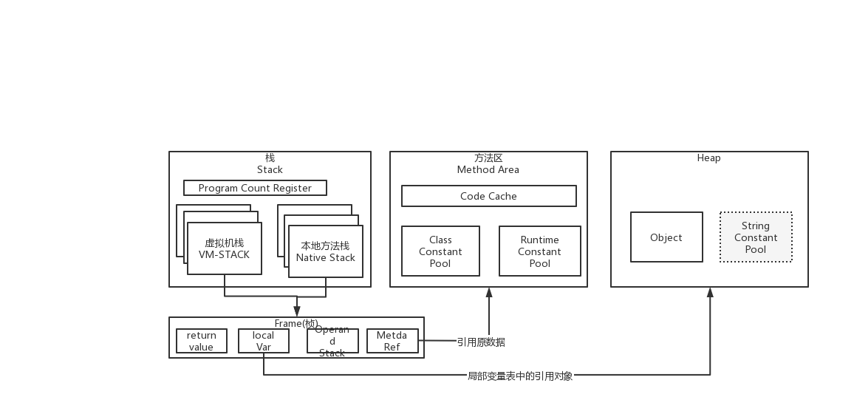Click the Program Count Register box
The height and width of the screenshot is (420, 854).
click(x=255, y=188)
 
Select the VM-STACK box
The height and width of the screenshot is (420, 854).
click(x=224, y=249)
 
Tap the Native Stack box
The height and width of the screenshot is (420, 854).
click(x=325, y=252)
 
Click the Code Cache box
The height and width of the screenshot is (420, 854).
click(x=488, y=196)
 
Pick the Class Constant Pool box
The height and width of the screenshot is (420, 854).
click(x=440, y=251)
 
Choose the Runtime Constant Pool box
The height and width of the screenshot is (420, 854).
click(x=539, y=251)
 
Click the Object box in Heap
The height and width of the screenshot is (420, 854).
click(x=666, y=237)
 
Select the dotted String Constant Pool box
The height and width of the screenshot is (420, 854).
click(x=755, y=237)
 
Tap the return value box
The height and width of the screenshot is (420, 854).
click(x=201, y=341)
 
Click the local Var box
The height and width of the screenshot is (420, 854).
click(x=264, y=341)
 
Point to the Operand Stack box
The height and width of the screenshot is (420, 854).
click(x=332, y=341)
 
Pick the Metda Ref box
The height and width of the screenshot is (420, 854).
click(x=392, y=341)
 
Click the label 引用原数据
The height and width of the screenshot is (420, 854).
click(x=481, y=342)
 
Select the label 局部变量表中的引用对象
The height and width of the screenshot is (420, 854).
click(x=520, y=376)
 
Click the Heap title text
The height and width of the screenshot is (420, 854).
click(x=708, y=157)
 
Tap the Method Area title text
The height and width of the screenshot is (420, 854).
click(x=488, y=169)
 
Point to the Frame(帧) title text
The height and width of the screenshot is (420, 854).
click(x=296, y=323)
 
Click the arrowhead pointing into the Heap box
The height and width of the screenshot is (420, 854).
click(x=710, y=292)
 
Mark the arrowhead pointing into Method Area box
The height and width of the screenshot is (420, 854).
click(x=488, y=292)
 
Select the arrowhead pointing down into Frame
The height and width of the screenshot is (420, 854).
click(x=296, y=311)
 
